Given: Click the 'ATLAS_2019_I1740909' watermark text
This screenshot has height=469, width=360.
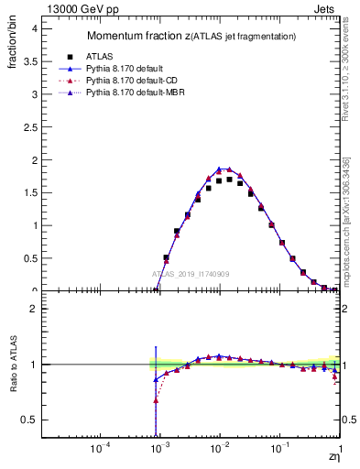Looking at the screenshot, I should coord(191,274).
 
